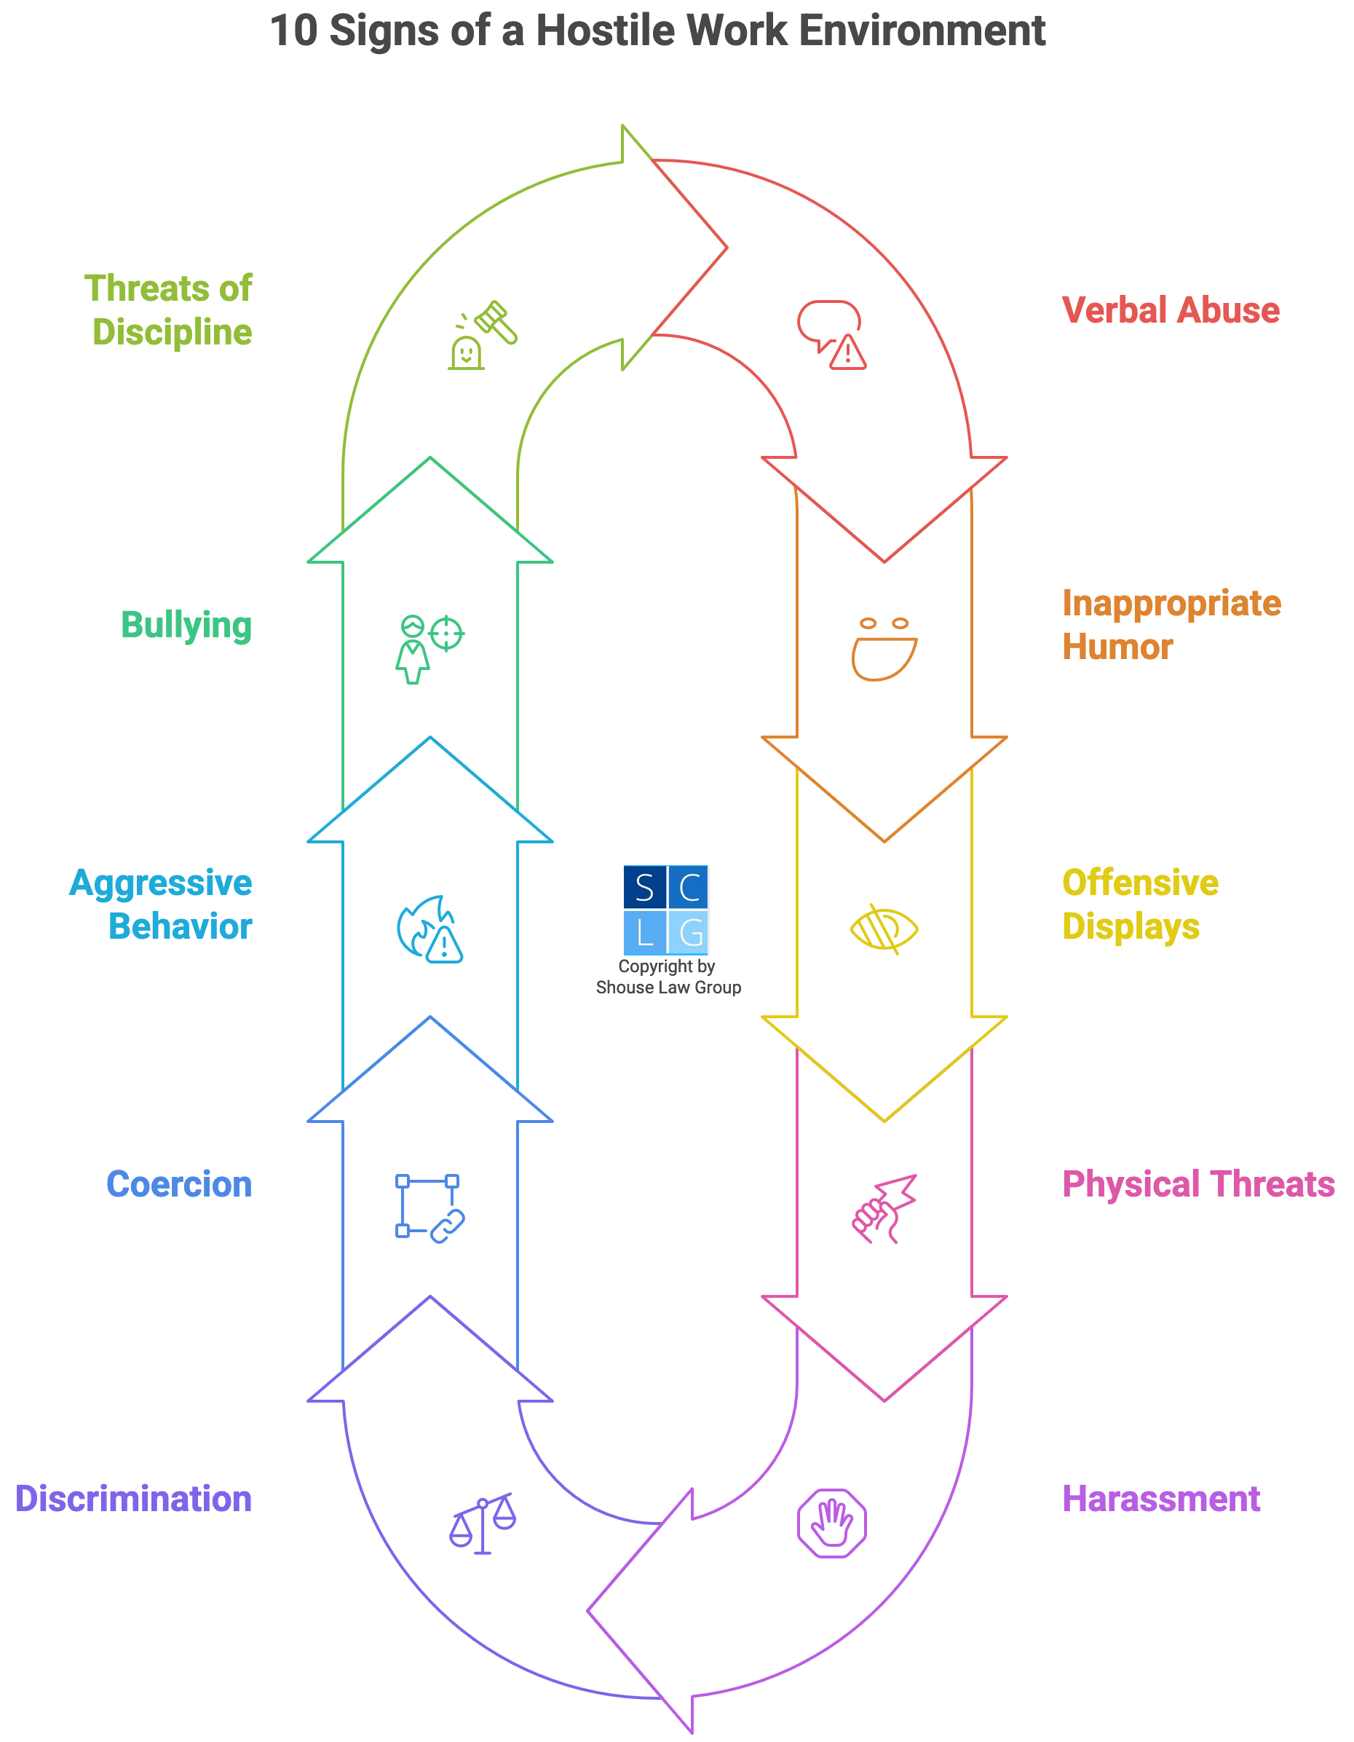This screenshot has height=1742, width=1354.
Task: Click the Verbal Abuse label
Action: (x=1170, y=310)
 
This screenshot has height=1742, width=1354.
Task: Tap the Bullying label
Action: (x=186, y=625)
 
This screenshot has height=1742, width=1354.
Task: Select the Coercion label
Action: (x=178, y=1184)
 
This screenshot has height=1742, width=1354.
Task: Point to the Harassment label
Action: (x=1161, y=1499)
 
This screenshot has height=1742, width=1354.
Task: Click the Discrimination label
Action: (x=133, y=1499)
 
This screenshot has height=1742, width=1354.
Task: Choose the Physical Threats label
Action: (x=1197, y=1184)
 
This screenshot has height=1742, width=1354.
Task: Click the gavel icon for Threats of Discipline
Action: (x=483, y=335)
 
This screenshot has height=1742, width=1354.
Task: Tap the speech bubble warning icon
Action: (x=831, y=335)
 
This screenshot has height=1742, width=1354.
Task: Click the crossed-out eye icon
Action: (x=884, y=929)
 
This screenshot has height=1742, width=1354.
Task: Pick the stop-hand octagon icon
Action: (x=832, y=1522)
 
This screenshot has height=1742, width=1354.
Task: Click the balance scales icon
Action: (x=483, y=1524)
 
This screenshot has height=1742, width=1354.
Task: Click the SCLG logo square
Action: (x=665, y=910)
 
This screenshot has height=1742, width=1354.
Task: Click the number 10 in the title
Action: (x=293, y=31)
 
